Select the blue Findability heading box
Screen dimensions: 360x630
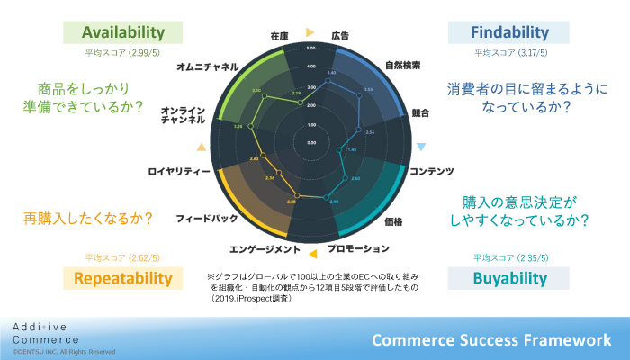tap(510, 32)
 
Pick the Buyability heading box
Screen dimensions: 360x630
tap(510, 277)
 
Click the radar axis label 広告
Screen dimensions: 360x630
tap(341, 36)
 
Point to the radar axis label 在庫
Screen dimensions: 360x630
tap(279, 36)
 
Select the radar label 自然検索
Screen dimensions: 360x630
tap(402, 65)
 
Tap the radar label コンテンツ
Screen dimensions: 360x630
tap(432, 171)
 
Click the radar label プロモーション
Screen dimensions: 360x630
tap(358, 248)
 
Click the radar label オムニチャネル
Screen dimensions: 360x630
tap(208, 67)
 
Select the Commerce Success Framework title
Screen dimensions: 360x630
tap(491, 339)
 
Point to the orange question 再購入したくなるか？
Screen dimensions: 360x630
tap(87, 219)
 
